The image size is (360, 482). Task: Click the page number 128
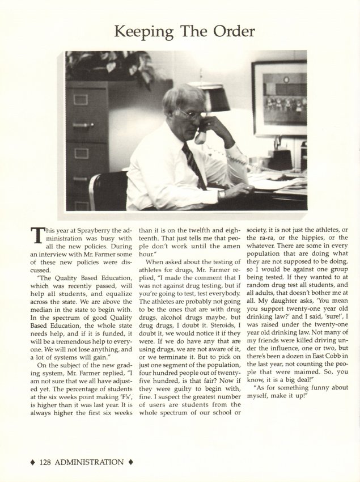coord(49,462)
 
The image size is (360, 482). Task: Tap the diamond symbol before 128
coord(32,462)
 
